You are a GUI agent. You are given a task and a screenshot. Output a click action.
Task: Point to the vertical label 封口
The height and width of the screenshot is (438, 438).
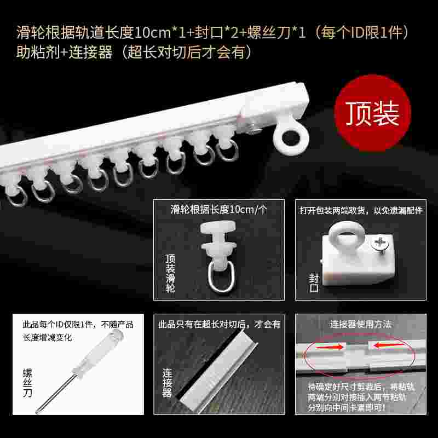[x=314, y=282]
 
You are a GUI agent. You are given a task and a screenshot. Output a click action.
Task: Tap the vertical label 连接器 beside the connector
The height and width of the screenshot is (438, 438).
[x=166, y=382]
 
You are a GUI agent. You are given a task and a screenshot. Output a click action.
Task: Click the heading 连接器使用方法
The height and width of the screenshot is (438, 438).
[x=361, y=324]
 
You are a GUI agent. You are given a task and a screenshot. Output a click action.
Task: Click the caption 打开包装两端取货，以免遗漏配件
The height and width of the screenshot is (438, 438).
[x=361, y=210]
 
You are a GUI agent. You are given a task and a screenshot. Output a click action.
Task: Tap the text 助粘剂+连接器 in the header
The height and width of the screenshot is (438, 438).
[x=65, y=53]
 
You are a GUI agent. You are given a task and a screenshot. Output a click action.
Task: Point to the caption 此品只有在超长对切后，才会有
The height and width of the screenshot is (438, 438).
[x=219, y=324]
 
